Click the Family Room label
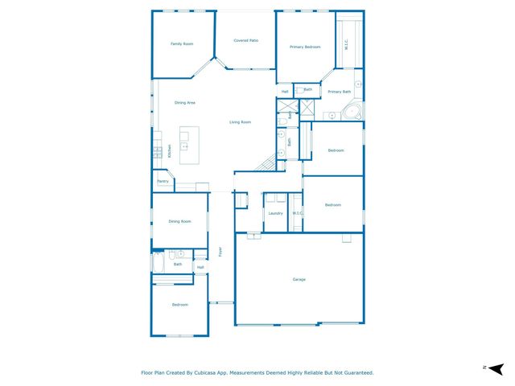click(182, 43)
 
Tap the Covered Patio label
click(245, 40)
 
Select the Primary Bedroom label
click(305, 47)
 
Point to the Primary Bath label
click(340, 92)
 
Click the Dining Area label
click(185, 103)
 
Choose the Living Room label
click(240, 122)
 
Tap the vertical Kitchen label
click(170, 150)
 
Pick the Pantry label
click(163, 182)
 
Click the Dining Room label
click(179, 221)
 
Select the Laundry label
click(275, 213)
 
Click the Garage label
click(299, 279)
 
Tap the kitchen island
click(189, 146)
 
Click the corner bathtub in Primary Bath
click(352, 111)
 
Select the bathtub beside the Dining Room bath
click(159, 264)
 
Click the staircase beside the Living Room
click(266, 164)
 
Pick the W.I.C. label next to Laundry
click(297, 213)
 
